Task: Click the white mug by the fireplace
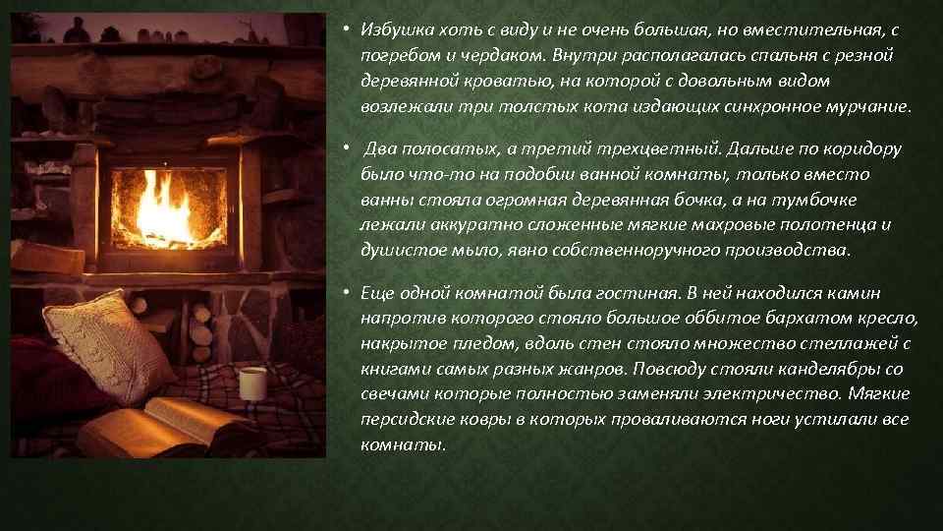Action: click(253, 383)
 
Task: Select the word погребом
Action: click(393, 55)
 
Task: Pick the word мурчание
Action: click(868, 106)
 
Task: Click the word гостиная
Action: click(626, 292)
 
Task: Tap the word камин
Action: click(857, 292)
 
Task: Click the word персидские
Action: click(404, 419)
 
